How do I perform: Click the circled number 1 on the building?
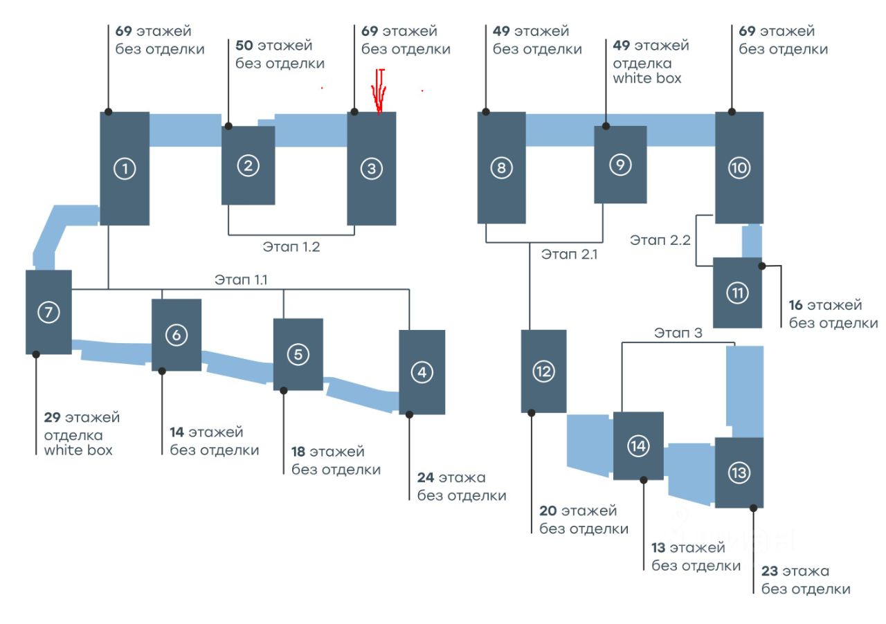coord(125,168)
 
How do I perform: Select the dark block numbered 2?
coord(248,165)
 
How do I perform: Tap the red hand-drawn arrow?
coord(379,91)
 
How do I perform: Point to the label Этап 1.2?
coord(291,246)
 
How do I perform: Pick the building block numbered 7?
coord(48,312)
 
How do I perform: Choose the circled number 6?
coord(177,335)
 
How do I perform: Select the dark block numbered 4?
coord(422,372)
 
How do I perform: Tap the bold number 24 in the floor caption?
coord(426,477)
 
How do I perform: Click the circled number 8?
coord(501,168)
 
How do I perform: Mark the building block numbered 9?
coord(620,165)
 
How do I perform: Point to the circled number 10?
coord(739,167)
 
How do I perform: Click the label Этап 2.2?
coord(658,240)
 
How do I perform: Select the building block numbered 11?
coord(738,293)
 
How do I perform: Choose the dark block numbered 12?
coord(543,371)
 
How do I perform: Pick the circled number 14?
coord(638,446)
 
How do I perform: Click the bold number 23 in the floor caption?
coord(770,571)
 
